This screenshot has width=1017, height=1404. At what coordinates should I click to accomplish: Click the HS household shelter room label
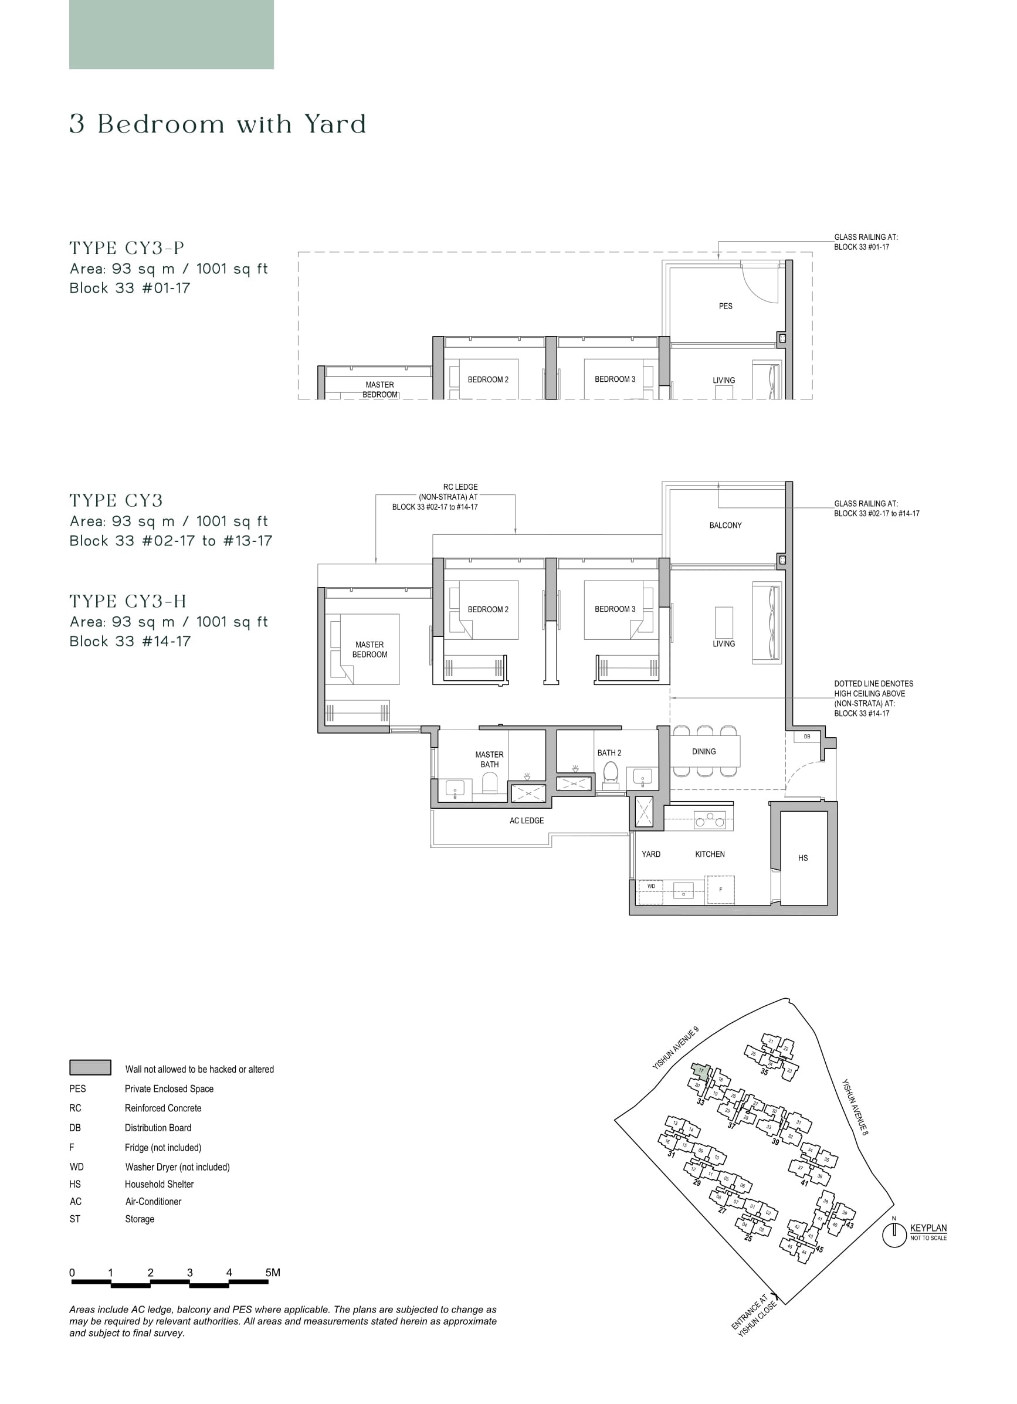click(802, 858)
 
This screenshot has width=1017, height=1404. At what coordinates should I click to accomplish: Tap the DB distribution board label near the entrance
click(806, 737)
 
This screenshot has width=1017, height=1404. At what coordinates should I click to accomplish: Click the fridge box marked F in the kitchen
click(720, 890)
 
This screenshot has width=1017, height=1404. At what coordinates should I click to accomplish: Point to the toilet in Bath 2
click(611, 773)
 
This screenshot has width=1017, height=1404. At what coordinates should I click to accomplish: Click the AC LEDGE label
click(526, 820)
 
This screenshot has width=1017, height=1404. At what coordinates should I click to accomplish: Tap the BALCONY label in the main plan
click(725, 525)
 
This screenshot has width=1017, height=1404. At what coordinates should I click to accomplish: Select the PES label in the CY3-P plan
click(726, 306)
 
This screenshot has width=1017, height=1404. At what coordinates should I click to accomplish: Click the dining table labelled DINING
click(704, 751)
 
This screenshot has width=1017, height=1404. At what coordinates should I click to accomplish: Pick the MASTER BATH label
click(489, 759)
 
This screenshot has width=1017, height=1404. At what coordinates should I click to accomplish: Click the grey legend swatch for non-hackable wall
click(90, 1068)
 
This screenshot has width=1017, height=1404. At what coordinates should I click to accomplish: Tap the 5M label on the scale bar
click(272, 1273)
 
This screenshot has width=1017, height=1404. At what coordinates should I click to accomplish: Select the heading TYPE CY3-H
click(127, 601)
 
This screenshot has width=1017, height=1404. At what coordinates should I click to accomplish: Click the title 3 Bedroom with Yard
click(218, 124)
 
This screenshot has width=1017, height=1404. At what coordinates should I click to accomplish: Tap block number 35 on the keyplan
click(764, 1072)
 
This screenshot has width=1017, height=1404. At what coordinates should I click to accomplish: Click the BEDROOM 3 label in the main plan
click(615, 609)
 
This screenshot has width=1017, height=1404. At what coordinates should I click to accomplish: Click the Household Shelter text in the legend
click(159, 1184)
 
